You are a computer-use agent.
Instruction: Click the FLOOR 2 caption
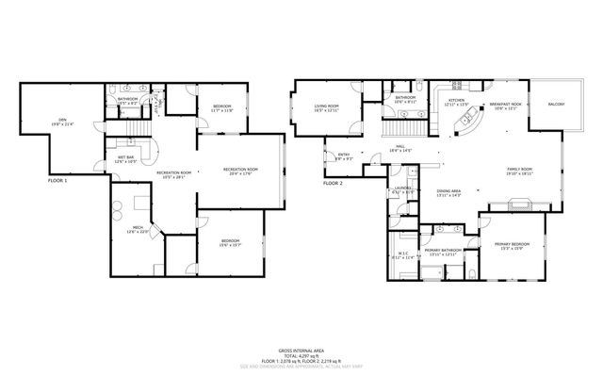pos(332,184)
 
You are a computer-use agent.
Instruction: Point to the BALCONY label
pos(555,119)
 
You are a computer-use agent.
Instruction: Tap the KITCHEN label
pos(456,100)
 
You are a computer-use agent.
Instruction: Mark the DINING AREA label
pos(448,192)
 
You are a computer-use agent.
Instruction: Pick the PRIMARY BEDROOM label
pos(514,245)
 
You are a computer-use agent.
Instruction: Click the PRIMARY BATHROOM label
pos(441,251)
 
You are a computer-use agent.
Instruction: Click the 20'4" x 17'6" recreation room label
pos(241,171)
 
